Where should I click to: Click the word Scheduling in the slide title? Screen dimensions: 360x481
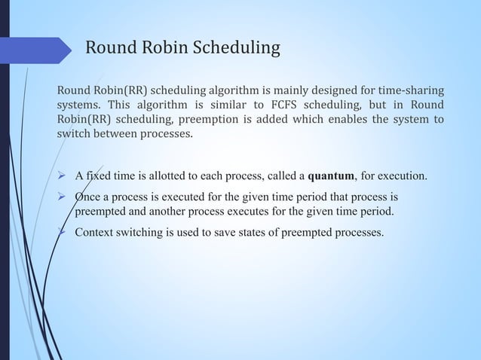[237, 50]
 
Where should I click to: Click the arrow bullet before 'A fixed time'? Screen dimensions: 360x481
[64, 177]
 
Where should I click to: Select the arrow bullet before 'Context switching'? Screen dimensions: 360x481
[64, 231]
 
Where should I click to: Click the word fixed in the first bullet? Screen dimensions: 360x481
[98, 177]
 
